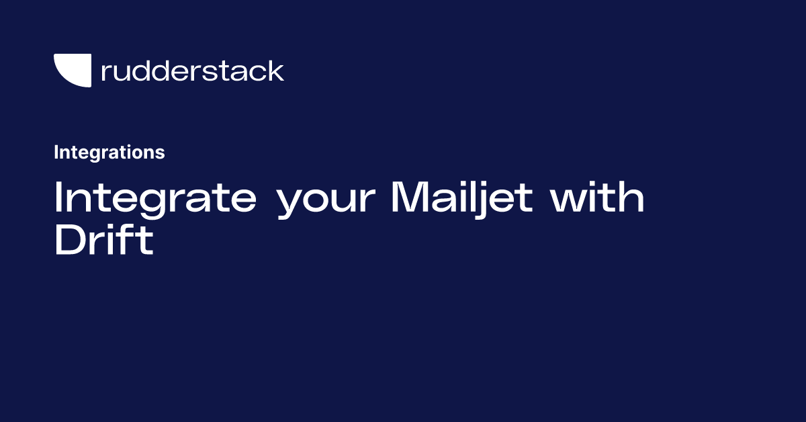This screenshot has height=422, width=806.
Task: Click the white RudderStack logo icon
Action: pyautogui.click(x=73, y=70)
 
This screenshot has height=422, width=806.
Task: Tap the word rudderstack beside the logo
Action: pyautogui.click(x=192, y=71)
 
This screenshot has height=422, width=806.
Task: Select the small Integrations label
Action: pyautogui.click(x=109, y=153)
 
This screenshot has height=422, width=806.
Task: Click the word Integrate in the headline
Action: pyautogui.click(x=155, y=198)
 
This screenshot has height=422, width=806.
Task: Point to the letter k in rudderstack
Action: pyautogui.click(x=275, y=70)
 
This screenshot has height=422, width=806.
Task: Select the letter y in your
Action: pyautogui.click(x=291, y=203)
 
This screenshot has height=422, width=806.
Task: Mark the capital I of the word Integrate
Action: pyautogui.click(x=58, y=198)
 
